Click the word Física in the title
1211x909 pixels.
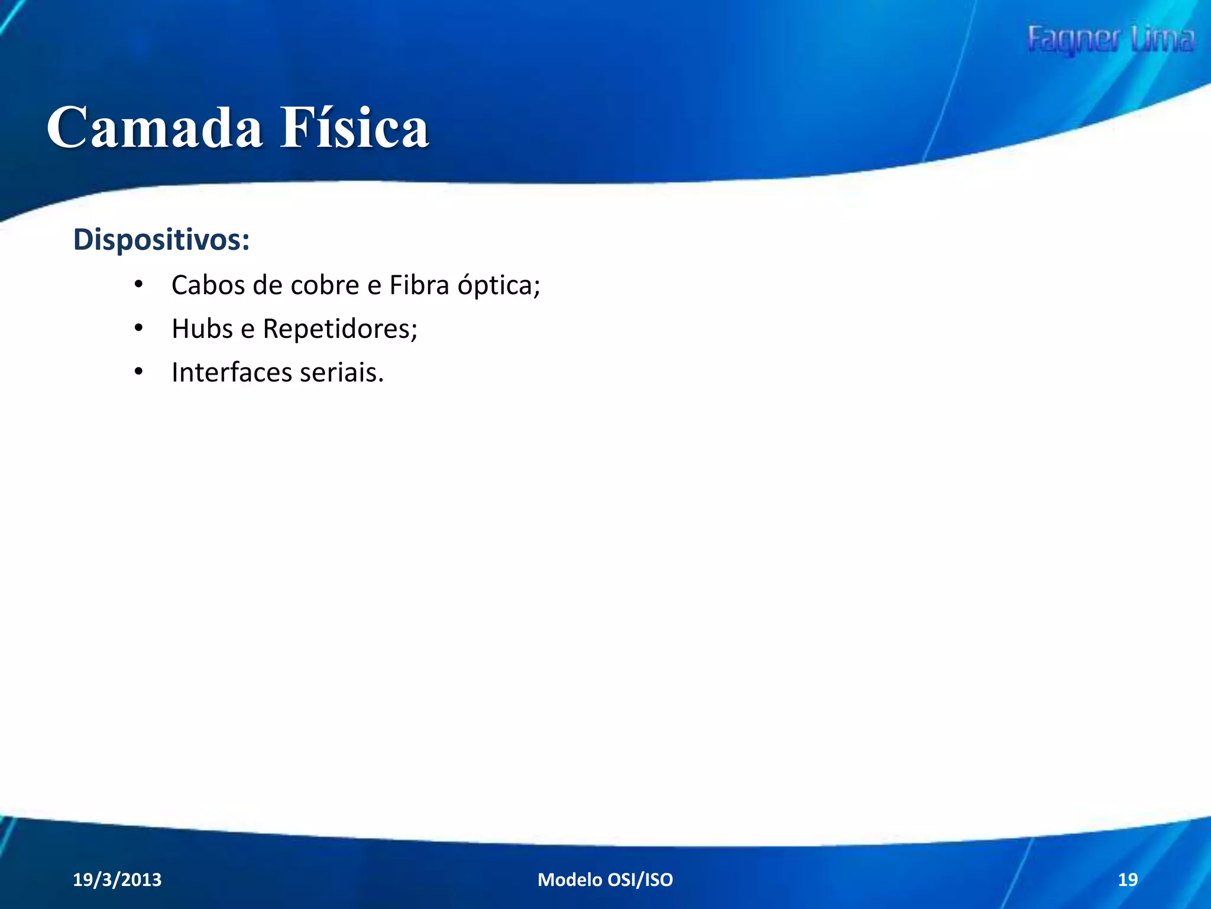click(354, 128)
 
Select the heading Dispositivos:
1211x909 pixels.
click(161, 240)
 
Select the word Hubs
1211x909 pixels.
click(202, 329)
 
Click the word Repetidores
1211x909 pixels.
click(339, 329)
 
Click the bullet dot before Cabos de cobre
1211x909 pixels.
click(138, 285)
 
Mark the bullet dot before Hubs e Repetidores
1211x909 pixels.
click(138, 328)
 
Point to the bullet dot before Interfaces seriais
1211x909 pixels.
click(138, 372)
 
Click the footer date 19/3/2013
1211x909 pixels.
click(117, 879)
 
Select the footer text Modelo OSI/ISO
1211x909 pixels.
click(605, 879)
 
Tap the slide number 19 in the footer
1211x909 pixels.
click(1128, 879)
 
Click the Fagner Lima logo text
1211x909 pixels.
click(1110, 40)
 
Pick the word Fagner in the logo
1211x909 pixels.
click(1073, 40)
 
